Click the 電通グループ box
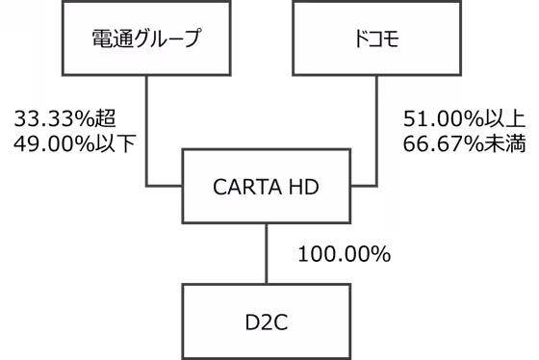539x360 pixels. point(145,39)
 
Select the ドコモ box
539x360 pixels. point(376,39)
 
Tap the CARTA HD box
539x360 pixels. point(266,186)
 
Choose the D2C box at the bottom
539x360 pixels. point(266,321)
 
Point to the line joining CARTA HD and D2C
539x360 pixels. point(266,253)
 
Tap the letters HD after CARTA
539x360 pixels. point(303,187)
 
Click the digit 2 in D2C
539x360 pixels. point(266,321)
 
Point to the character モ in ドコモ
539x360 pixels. point(389,39)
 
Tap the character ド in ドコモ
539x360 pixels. point(360,39)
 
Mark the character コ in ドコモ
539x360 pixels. point(374,39)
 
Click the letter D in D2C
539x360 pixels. point(252,321)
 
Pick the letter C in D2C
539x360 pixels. point(280,321)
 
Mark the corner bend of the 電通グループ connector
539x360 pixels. point(146,183)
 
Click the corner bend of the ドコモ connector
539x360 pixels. point(376,183)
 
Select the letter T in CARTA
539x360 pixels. point(257,187)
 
